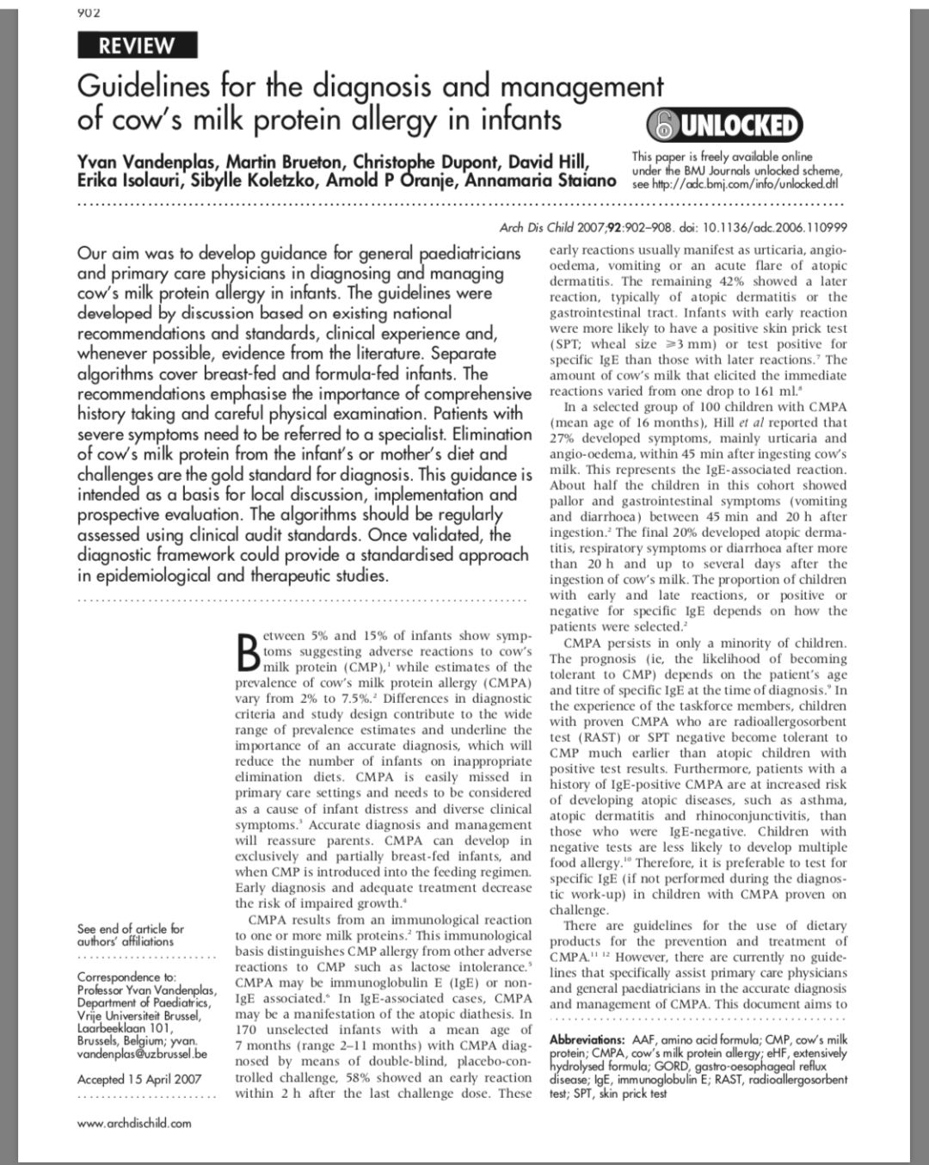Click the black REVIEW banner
coord(137,46)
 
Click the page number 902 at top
coord(88,12)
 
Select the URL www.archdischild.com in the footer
coord(134,1123)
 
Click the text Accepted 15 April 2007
coord(139,1079)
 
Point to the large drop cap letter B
coord(246,653)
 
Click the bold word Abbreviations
coord(588,1040)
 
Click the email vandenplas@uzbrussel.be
coord(142,1053)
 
